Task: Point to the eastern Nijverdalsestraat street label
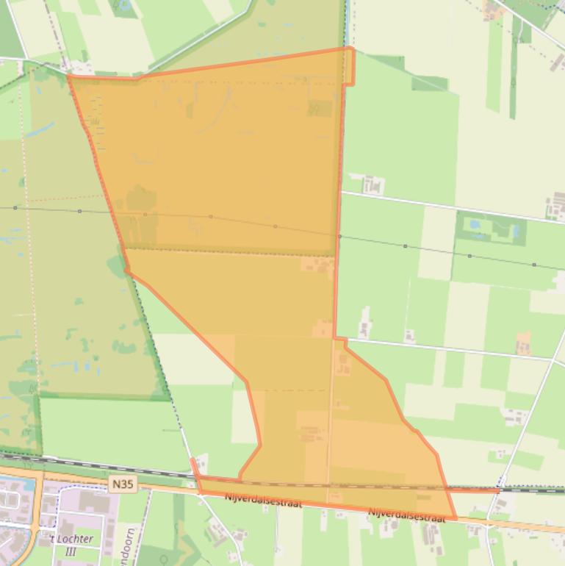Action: tap(406, 515)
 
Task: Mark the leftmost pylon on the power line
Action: tap(15, 208)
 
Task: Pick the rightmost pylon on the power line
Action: tap(534, 265)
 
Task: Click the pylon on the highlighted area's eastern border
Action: tap(339, 236)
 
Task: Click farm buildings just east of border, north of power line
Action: tap(373, 184)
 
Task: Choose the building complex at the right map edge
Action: tap(556, 207)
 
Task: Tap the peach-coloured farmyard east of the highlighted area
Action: tap(523, 343)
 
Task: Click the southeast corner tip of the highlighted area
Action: tap(456, 519)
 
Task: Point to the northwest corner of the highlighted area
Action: tap(69, 75)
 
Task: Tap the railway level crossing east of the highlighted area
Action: tap(500, 490)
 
